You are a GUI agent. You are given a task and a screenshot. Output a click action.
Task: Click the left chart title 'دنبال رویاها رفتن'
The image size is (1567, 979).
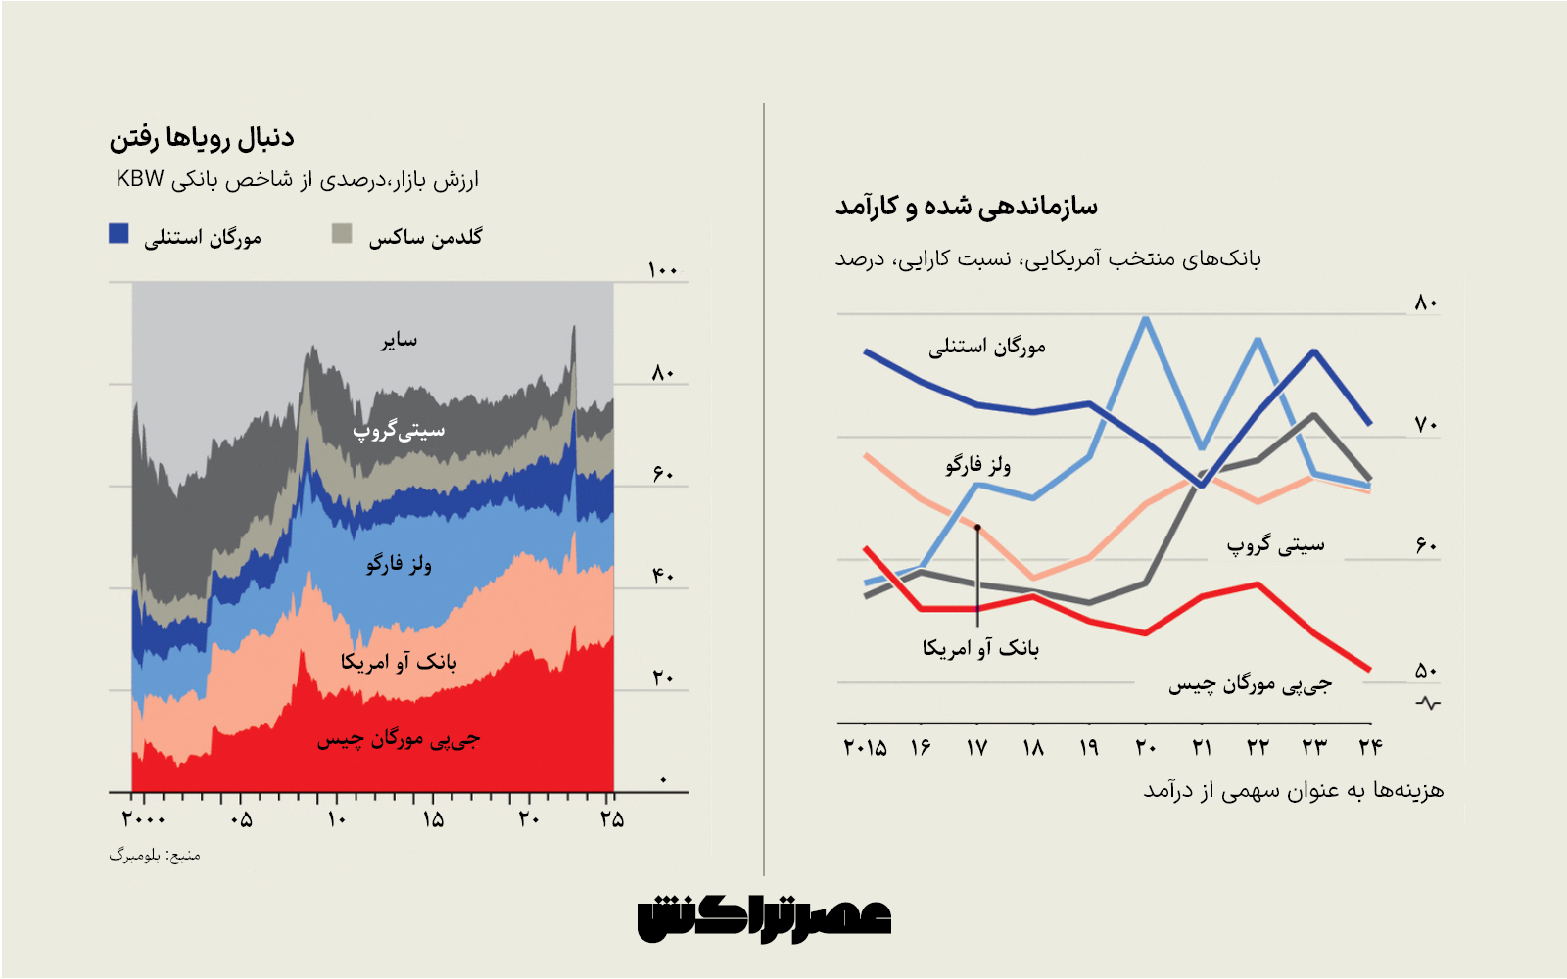point(202,138)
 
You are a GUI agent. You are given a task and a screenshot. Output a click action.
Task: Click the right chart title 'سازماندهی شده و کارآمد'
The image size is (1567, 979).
point(966,207)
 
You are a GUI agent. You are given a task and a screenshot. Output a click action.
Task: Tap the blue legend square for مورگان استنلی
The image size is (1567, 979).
point(119,233)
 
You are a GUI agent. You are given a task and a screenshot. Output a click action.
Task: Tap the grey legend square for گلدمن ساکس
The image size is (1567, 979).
point(341,233)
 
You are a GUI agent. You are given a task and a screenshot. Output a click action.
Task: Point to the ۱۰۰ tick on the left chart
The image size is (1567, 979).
point(663,270)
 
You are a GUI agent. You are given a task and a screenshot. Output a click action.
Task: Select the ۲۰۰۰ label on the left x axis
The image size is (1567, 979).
point(144,819)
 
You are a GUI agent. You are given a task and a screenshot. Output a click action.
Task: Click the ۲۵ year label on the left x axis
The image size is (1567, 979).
point(612,819)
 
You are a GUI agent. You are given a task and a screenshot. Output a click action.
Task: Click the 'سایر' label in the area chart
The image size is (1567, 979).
point(399,340)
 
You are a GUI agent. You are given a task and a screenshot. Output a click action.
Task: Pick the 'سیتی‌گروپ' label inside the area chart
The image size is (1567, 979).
point(399,430)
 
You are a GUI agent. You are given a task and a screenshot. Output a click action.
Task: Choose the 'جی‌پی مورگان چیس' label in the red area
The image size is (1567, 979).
point(399,739)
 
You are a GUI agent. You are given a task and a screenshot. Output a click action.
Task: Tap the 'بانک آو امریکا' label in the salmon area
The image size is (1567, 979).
point(399,662)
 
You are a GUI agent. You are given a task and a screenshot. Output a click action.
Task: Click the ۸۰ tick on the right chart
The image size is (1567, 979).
point(1425,303)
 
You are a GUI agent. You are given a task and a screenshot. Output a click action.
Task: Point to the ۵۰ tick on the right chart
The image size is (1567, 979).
point(1425,672)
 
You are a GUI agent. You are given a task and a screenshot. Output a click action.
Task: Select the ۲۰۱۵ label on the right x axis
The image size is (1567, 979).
point(865,748)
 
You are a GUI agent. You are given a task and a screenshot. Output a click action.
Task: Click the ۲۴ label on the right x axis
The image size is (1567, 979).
point(1370,748)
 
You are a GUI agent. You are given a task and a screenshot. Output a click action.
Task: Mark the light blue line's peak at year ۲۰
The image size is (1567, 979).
point(1146,318)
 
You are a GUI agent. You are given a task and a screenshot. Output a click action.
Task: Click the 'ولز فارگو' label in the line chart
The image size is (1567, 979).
point(977,465)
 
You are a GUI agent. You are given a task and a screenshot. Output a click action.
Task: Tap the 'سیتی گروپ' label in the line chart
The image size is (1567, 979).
point(1275,545)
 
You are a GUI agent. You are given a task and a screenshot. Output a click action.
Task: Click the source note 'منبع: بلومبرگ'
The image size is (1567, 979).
point(155,856)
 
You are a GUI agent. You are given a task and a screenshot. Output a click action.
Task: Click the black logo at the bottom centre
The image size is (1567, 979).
point(764,920)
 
